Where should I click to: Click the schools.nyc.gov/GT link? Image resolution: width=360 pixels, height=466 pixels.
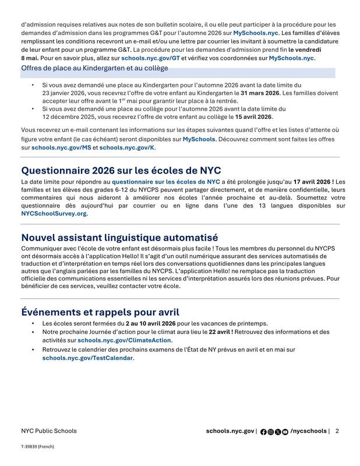[x=151, y=58]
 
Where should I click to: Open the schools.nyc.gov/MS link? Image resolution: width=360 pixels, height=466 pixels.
[x=61, y=148]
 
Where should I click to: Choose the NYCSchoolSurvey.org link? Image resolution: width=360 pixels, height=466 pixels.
[x=54, y=214]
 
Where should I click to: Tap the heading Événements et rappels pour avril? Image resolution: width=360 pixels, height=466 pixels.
[x=100, y=312]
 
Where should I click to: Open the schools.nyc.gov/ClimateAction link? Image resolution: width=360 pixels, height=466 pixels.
[x=124, y=340]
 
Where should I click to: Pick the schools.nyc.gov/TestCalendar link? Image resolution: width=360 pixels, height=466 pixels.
[x=88, y=358]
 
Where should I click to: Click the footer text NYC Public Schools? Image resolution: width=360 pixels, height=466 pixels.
[x=48, y=431]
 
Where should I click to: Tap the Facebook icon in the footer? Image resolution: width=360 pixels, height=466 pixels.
[x=263, y=432]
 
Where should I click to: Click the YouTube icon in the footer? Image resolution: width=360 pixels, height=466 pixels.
[x=285, y=432]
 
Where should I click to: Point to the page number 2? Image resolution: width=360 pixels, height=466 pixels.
[x=337, y=431]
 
